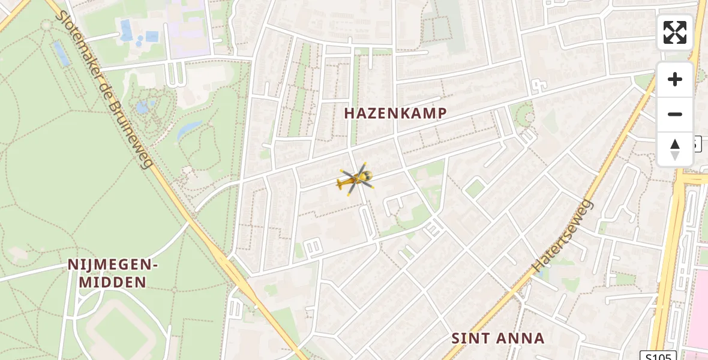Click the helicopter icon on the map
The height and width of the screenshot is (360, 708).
coord(356,179)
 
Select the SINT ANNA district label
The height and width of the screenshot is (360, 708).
coord(498,338)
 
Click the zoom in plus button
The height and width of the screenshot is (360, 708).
coord(675,79)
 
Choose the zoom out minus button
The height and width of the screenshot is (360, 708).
coord(675,114)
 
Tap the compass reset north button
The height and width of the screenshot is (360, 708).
coord(675,149)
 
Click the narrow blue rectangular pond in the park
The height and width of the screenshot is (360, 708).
coord(61,53)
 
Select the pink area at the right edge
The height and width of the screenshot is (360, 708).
coord(698,312)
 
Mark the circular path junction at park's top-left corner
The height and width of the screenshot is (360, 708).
coord(47,25)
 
